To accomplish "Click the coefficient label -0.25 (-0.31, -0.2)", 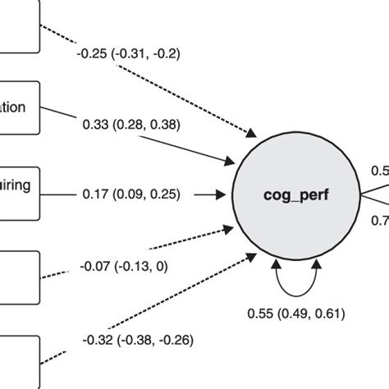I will [129, 54].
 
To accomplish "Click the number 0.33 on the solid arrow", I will [96, 125].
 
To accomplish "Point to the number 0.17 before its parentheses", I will [96, 194].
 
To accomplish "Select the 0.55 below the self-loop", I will [261, 313].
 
